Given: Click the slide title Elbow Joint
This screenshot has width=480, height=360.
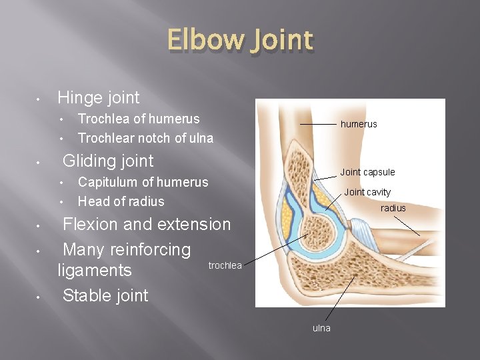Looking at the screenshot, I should (240, 41).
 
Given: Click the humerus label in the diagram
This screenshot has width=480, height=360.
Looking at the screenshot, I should (359, 124).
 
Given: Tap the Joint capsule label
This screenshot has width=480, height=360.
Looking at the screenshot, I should (367, 172).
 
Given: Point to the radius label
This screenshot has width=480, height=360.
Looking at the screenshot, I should (393, 208).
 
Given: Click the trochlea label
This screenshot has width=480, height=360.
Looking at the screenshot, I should (225, 265).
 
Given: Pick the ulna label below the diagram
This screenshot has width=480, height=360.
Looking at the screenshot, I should (321, 328).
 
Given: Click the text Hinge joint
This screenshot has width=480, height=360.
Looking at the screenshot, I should (99, 98).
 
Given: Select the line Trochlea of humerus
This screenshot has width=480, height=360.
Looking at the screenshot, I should (139, 119).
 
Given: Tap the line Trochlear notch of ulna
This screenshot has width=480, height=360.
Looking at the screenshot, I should (145, 139).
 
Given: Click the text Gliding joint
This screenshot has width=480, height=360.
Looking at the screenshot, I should (107, 161).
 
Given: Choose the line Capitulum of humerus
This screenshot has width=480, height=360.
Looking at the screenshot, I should (143, 182).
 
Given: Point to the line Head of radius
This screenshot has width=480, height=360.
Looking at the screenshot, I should (121, 201).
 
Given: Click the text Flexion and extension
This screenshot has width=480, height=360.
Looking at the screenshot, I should (146, 224).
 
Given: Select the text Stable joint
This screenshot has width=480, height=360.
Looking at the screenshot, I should (105, 295).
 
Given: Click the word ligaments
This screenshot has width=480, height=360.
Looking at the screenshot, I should (95, 271).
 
